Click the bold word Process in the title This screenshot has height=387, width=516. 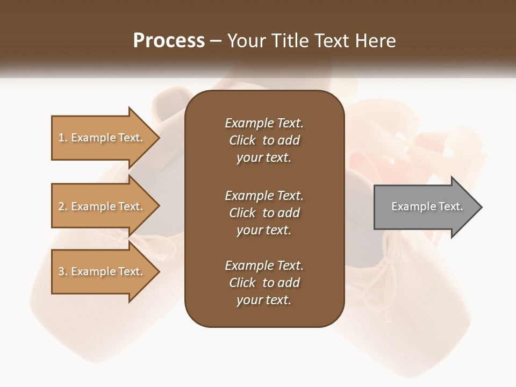pyautogui.click(x=169, y=41)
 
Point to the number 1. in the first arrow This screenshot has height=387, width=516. pyautogui.click(x=62, y=138)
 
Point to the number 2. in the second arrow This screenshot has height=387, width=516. pyautogui.click(x=62, y=206)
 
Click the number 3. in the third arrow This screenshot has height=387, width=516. pyautogui.click(x=62, y=271)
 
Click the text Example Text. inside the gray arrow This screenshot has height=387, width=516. pyautogui.click(x=427, y=206)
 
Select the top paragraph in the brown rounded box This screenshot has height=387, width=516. pyautogui.click(x=264, y=140)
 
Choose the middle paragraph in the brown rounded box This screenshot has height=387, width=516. pyautogui.click(x=264, y=213)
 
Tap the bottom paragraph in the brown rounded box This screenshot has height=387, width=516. pyautogui.click(x=264, y=283)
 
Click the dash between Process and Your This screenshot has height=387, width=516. pyautogui.click(x=216, y=41)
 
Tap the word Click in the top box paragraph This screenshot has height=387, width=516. pyautogui.click(x=242, y=140)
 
